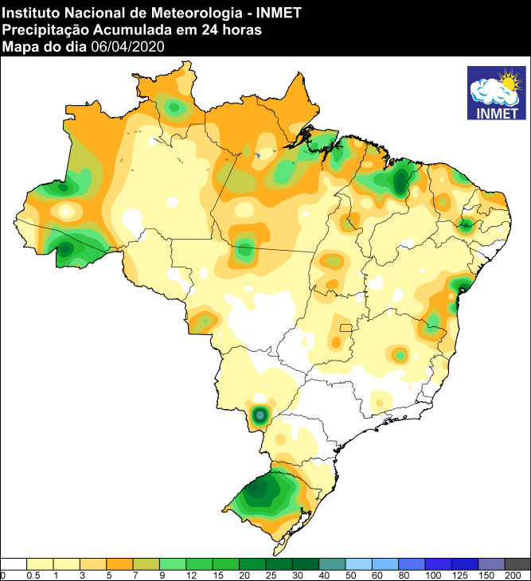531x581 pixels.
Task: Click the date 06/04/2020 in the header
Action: [127, 47]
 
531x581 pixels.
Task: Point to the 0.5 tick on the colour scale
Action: [33, 575]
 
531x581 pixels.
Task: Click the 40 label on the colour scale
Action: [324, 575]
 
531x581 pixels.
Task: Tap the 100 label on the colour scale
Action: [432, 575]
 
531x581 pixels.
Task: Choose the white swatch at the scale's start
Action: [14, 563]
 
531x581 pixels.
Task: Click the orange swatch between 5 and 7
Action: [119, 563]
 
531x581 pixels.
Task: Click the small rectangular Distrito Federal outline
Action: [346, 327]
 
